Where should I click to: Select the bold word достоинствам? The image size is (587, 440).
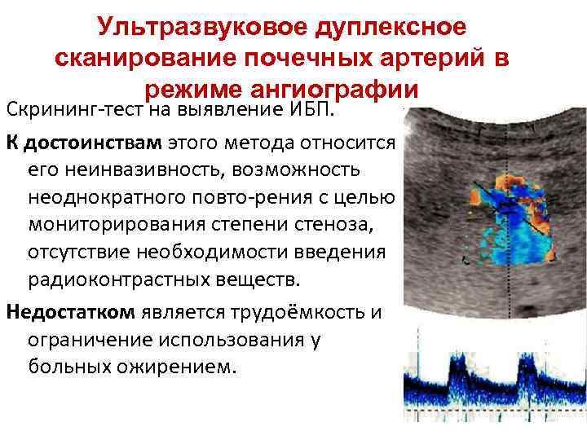(93, 144)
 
